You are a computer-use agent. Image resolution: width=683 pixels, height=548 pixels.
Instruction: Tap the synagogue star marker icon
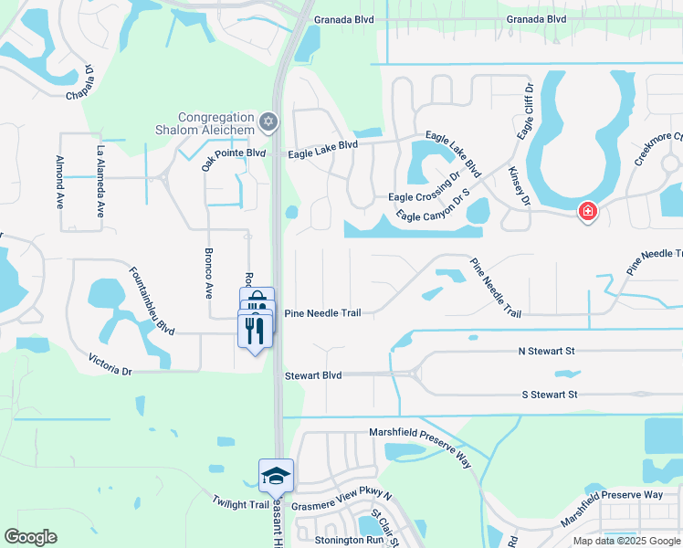tap(268, 121)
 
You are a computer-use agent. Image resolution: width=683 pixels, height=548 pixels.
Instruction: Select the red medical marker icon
tap(588, 212)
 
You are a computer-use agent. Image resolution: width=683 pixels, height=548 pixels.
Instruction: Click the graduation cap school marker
tap(276, 475)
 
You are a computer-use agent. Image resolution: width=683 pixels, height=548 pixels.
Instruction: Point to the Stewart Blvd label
tap(312, 375)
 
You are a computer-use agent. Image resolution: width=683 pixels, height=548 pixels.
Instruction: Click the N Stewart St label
tap(545, 351)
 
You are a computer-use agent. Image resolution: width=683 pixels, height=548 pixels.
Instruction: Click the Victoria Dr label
tap(110, 365)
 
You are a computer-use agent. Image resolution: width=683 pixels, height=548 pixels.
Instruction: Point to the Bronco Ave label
tap(209, 272)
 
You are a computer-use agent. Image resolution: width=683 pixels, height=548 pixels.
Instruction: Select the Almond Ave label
tap(59, 182)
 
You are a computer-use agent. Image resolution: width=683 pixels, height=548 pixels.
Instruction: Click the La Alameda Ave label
tap(100, 181)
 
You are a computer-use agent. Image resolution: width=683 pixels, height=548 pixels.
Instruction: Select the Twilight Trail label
tap(241, 503)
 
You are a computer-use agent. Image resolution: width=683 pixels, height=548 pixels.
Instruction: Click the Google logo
tap(30, 537)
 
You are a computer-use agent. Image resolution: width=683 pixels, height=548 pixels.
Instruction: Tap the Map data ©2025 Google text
tap(626, 541)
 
